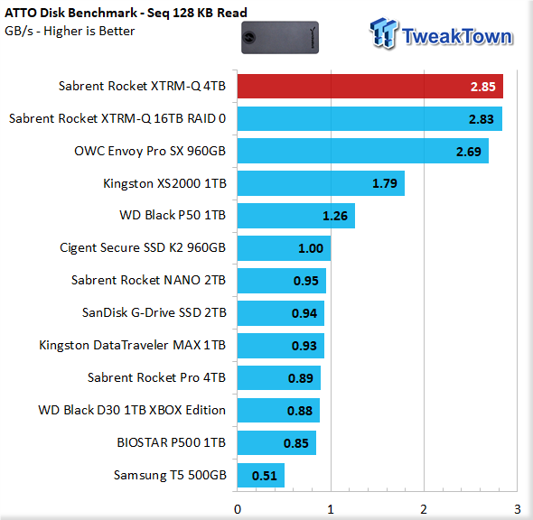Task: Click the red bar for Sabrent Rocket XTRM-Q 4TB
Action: point(369,87)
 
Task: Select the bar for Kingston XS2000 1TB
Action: point(321,183)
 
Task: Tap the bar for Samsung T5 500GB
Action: point(261,475)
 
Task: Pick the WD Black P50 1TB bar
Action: point(296,216)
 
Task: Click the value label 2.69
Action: point(469,152)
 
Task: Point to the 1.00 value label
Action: point(311,248)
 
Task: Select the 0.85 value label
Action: point(296,443)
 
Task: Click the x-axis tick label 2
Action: point(424,509)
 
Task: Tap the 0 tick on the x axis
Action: point(238,509)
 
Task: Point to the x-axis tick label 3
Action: point(517,509)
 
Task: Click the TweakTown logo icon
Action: point(384,32)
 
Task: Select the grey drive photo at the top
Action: point(280,37)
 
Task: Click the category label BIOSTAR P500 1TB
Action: point(172,442)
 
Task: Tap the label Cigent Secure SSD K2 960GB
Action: point(143,247)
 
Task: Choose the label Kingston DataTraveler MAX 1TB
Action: point(133,345)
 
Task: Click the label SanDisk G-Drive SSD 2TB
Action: point(154,312)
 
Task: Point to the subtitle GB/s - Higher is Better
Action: point(70,32)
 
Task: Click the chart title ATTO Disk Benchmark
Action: point(71,13)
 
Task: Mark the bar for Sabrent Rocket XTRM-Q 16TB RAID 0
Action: point(369,118)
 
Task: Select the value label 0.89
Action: point(301,378)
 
